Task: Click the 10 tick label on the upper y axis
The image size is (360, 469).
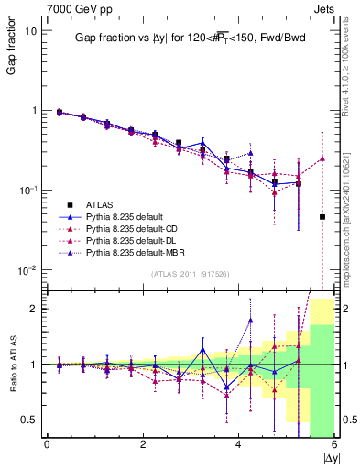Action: [31, 30]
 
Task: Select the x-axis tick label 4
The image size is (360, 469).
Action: [239, 444]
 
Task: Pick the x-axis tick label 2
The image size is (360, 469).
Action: [143, 444]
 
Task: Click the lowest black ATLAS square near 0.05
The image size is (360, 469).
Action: [322, 217]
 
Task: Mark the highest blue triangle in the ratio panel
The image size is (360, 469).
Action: [250, 320]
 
